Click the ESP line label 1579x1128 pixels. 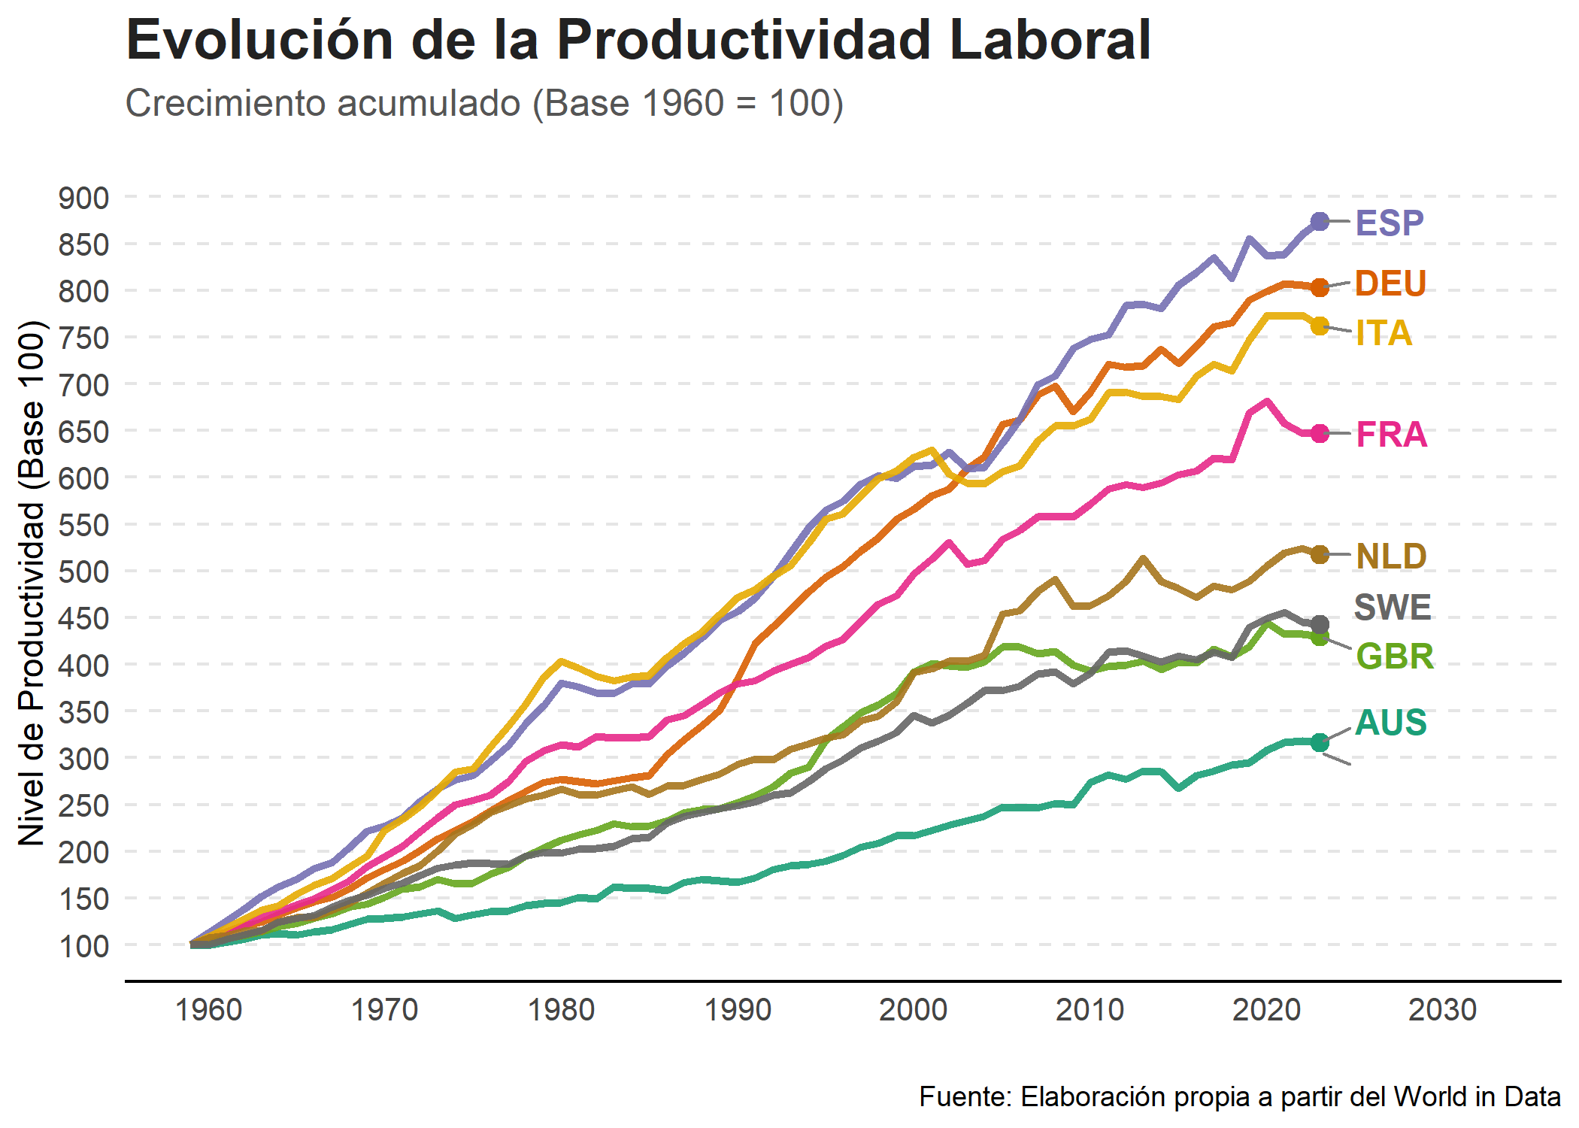pos(1389,223)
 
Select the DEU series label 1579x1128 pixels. pos(1390,284)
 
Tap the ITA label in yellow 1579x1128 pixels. pos(1384,333)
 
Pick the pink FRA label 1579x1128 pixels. pos(1391,435)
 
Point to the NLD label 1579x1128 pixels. pos(1391,556)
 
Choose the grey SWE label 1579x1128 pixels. pos(1393,607)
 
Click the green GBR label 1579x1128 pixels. pos(1395,656)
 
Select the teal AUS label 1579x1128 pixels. pos(1390,723)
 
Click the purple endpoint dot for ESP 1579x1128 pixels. pos(1320,221)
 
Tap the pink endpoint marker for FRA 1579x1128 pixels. pos(1320,433)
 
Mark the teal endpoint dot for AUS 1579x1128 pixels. pos(1320,742)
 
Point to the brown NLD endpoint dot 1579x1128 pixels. pos(1320,554)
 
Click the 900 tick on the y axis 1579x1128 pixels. pos(83,199)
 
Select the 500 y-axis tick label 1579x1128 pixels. pos(83,572)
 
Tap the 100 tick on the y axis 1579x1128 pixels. pos(83,946)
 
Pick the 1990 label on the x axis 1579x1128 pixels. pos(738,1010)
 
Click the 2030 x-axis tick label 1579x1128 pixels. pos(1442,1010)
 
